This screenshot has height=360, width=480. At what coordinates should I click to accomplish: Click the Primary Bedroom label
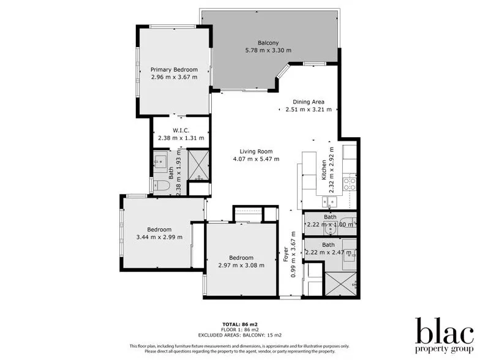click(174, 70)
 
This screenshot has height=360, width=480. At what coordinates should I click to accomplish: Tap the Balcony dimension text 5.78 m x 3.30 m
click(268, 50)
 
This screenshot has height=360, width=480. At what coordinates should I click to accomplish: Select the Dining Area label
click(308, 102)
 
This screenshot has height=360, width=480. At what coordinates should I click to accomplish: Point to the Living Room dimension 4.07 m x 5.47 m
click(256, 159)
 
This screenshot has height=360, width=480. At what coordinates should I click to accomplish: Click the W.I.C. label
click(181, 130)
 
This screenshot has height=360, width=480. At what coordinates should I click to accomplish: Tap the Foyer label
click(285, 254)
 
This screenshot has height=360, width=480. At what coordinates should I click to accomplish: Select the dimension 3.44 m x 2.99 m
click(159, 237)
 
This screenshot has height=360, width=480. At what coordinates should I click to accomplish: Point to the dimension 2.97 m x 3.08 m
click(241, 265)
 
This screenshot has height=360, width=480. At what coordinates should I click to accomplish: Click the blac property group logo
click(444, 335)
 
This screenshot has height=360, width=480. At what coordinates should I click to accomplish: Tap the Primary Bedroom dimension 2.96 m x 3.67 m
click(174, 77)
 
